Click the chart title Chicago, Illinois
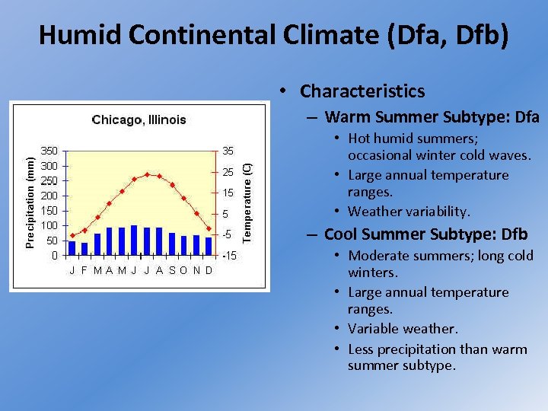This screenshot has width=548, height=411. coord(139,119)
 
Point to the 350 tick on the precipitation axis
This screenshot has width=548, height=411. coord(48,151)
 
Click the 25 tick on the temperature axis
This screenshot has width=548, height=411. coord(228,173)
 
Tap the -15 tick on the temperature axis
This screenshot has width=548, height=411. coord(228,256)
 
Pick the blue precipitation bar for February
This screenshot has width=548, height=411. coord(84,249)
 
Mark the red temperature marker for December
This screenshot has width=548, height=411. coord(209,228)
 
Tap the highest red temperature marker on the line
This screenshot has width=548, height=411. coord(147,174)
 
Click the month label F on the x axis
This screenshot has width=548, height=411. coord(84,270)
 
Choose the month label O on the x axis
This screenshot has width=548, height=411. coord(183,270)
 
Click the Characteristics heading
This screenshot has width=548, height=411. coord(362,91)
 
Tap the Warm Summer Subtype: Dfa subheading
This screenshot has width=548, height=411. coord(432,117)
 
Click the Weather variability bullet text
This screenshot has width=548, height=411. coord(409,211)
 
